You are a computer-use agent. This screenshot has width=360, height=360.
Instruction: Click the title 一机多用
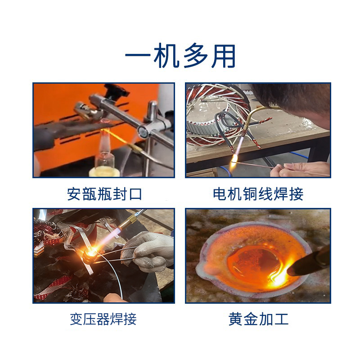click(x=180, y=56)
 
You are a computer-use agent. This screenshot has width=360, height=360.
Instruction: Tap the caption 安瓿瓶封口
click(x=104, y=194)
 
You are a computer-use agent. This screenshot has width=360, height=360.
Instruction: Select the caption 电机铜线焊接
click(x=258, y=194)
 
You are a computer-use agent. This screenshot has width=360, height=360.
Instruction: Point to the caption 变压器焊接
click(x=103, y=319)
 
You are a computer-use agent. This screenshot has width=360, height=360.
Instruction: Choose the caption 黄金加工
click(x=258, y=319)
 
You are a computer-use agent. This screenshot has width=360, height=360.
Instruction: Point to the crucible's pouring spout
click(x=205, y=268)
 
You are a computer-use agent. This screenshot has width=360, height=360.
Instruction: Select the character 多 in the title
click(x=196, y=56)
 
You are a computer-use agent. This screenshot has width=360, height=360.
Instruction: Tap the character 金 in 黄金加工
click(x=251, y=319)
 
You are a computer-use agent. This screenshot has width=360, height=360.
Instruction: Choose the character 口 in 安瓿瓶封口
click(x=135, y=194)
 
